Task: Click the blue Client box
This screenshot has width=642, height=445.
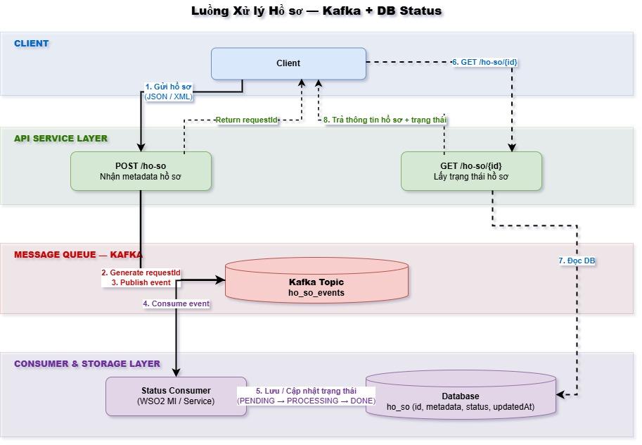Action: (288, 63)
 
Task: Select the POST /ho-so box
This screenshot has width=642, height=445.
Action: (141, 171)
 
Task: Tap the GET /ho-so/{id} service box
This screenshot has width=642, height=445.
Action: (471, 171)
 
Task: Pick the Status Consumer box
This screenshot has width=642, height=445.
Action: (176, 396)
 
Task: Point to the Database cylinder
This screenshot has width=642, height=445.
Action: (461, 398)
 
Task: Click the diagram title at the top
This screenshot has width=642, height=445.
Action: (316, 11)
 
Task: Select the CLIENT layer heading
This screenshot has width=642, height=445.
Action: (32, 44)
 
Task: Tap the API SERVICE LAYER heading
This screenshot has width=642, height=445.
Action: (61, 139)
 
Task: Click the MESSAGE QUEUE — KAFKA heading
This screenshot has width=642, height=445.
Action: (78, 255)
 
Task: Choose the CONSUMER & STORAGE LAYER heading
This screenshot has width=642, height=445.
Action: (87, 364)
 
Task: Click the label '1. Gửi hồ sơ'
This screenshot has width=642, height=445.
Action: (168, 87)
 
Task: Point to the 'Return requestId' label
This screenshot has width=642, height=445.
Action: (247, 120)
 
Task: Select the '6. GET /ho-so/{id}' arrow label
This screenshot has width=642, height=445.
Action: (484, 62)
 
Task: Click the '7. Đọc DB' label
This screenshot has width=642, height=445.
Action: (577, 261)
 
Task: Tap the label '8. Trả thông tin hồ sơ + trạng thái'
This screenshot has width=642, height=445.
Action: (385, 120)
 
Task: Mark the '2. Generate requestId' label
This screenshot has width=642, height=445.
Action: (141, 272)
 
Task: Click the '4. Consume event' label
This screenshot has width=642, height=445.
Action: (176, 303)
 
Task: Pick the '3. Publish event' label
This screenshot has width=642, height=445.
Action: (141, 282)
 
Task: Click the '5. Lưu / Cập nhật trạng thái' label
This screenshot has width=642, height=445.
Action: (306, 391)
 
